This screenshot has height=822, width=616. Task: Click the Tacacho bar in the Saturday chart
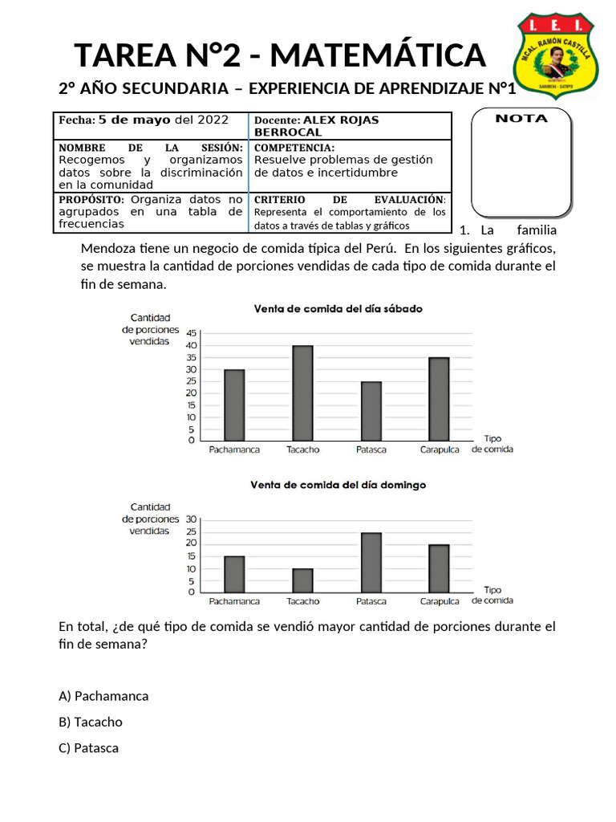click(302, 393)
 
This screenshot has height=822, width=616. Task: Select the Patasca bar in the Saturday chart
click(371, 410)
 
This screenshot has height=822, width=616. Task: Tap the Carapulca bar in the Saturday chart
click(439, 398)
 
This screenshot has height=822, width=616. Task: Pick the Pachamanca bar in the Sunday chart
click(234, 574)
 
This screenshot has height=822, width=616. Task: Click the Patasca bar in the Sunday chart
click(371, 562)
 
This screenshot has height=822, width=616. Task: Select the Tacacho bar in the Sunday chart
click(302, 580)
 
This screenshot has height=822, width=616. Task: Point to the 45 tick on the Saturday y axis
click(190, 333)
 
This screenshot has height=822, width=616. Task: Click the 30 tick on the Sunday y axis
click(190, 519)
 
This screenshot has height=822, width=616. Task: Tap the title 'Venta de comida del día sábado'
click(338, 308)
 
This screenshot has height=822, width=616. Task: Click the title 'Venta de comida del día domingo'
click(338, 485)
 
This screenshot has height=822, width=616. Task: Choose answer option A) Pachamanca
click(103, 696)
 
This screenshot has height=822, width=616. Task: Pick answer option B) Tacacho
click(91, 722)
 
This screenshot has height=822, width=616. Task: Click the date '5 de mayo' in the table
click(134, 120)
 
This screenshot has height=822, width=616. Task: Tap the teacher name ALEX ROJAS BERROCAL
click(317, 126)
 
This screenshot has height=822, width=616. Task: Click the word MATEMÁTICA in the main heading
click(380, 55)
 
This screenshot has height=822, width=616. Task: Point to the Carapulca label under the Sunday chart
click(440, 600)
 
